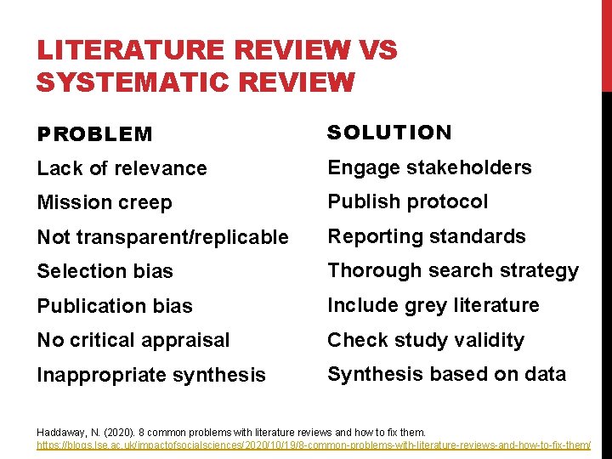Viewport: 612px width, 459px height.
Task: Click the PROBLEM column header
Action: (x=94, y=134)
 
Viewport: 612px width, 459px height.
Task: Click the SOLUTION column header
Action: (x=390, y=133)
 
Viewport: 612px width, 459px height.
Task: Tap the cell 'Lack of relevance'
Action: (x=122, y=168)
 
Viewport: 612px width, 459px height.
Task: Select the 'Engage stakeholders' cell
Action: (x=429, y=167)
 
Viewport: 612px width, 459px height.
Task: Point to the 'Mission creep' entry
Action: (x=104, y=203)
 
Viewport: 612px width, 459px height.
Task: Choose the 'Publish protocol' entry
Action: (x=408, y=201)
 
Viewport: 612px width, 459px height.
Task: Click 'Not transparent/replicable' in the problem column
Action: (x=162, y=238)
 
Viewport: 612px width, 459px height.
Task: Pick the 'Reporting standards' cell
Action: (x=427, y=236)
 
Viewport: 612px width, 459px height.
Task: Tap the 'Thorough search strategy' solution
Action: (x=453, y=270)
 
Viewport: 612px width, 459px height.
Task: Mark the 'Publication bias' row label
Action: (x=115, y=306)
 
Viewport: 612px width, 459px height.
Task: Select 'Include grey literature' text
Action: (x=433, y=305)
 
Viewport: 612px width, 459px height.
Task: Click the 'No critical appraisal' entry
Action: (x=133, y=340)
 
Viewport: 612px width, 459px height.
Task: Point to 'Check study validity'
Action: (x=426, y=340)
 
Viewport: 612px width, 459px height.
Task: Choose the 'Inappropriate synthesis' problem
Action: (x=151, y=375)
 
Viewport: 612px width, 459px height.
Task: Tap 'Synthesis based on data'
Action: (x=447, y=374)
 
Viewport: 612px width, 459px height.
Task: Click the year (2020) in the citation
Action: (x=118, y=433)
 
